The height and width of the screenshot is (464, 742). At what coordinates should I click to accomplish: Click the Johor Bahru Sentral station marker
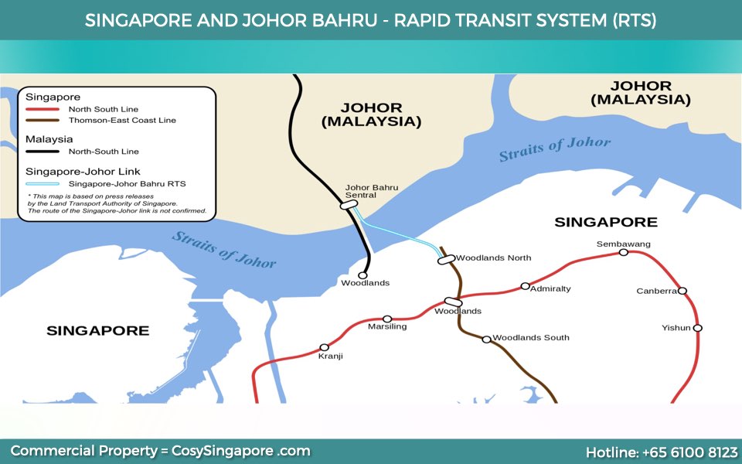[x=349, y=205]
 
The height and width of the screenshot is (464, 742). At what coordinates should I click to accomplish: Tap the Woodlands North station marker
[x=446, y=260]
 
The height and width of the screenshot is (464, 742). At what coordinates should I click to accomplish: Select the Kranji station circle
[x=324, y=347]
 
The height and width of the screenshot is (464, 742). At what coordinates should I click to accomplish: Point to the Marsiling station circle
[x=387, y=319]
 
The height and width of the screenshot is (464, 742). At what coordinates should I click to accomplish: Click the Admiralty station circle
[x=525, y=286]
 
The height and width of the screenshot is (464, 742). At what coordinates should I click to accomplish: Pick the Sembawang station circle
[x=624, y=252]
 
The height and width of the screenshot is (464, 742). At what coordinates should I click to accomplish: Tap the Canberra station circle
[x=682, y=291]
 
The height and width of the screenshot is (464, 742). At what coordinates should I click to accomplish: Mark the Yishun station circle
[x=697, y=328]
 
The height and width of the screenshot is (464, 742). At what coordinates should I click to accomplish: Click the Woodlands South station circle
[x=486, y=339]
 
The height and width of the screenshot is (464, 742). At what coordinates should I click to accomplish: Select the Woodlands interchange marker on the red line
[x=454, y=302]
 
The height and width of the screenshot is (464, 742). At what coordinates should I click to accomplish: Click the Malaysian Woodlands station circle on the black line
[x=362, y=275]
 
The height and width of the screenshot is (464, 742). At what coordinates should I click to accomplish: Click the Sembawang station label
[x=623, y=244]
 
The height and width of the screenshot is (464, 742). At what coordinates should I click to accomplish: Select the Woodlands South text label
[x=530, y=337]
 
